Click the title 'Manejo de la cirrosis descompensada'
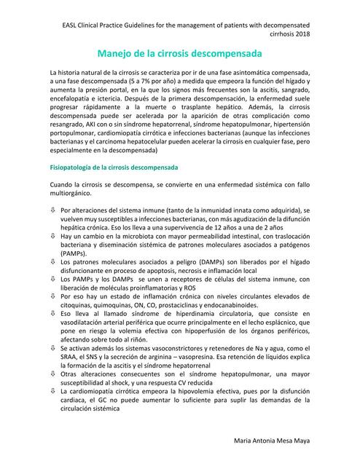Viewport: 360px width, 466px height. (x=180, y=54)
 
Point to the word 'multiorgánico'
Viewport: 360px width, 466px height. (x=71, y=215)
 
